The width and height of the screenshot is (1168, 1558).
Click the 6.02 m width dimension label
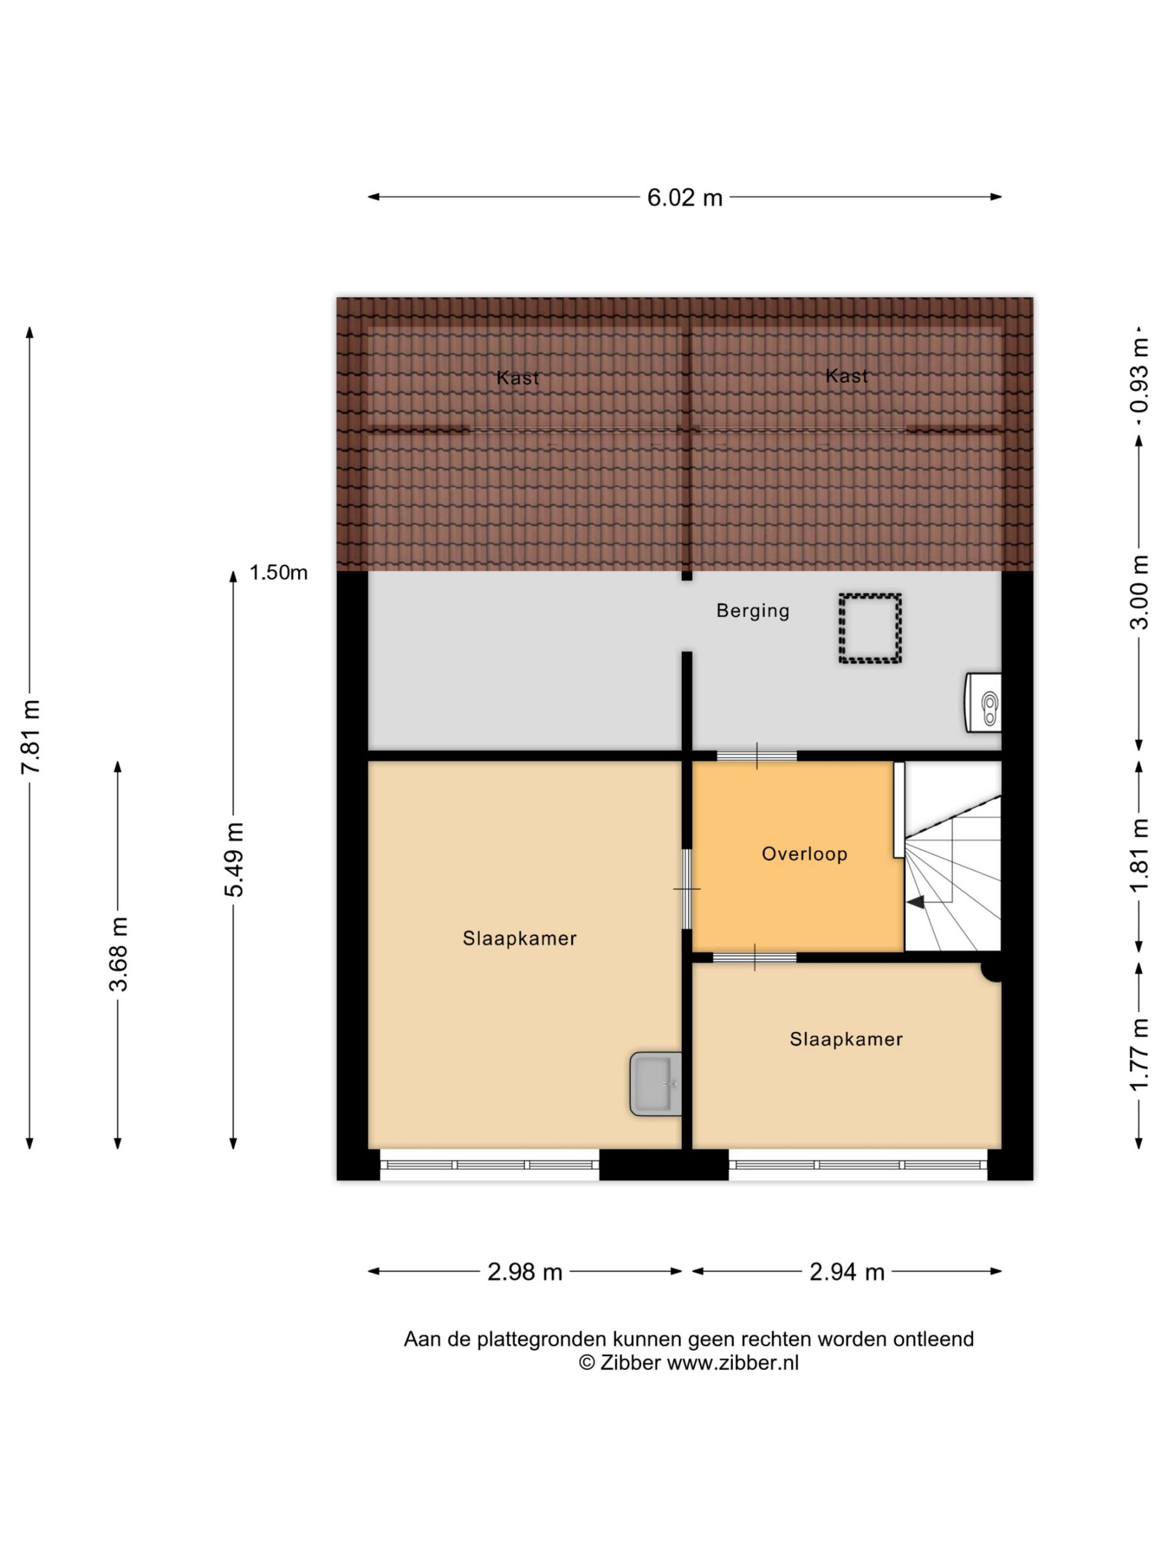(x=684, y=198)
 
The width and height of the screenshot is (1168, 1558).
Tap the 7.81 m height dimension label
(x=31, y=736)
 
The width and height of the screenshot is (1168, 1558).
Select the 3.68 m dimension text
(x=118, y=955)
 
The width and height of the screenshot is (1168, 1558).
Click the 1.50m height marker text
(x=279, y=573)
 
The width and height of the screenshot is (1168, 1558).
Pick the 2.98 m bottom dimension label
(x=525, y=1272)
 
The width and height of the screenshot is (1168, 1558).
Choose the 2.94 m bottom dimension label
(x=847, y=1272)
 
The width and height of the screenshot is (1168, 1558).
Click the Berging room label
(x=753, y=610)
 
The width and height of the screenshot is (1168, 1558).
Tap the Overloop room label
(x=804, y=854)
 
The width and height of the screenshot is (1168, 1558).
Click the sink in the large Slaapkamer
(x=655, y=1084)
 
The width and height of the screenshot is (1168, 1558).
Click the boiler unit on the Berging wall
(x=983, y=702)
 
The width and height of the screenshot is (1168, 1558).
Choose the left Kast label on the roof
(x=518, y=378)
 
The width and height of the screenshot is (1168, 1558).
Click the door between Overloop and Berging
(x=757, y=756)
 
